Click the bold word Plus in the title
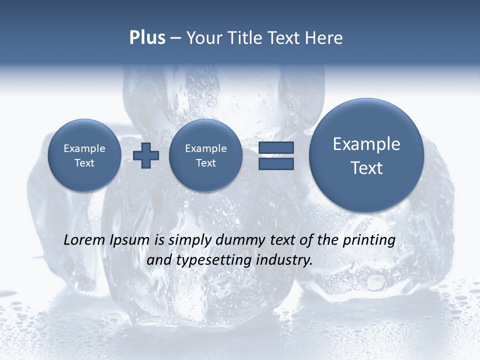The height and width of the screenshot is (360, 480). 147,38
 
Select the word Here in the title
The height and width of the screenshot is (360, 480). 323,38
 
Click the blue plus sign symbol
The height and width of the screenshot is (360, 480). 146,155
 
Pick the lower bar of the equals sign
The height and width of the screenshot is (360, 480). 276,163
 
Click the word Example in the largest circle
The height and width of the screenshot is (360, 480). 366,144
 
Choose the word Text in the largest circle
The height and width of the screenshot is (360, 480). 366,168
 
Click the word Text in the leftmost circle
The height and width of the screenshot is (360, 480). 84,163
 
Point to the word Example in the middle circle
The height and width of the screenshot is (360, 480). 205,148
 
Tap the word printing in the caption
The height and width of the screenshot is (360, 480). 369,240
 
